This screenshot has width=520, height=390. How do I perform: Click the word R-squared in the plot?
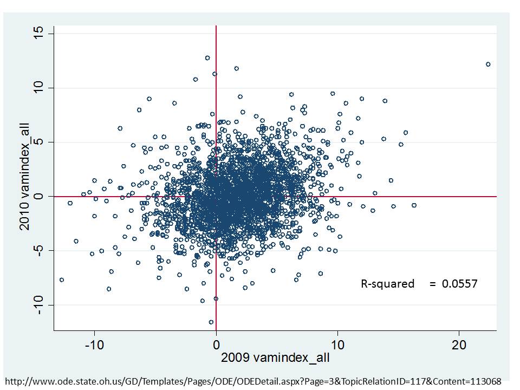(x=387, y=284)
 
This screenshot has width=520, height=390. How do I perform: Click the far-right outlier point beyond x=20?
(x=488, y=64)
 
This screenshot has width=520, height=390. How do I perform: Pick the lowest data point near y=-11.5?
(x=211, y=322)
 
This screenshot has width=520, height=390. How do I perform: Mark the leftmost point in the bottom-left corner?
(x=61, y=279)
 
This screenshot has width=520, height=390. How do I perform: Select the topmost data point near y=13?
(x=207, y=57)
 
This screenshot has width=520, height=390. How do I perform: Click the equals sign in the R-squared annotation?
(x=432, y=284)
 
